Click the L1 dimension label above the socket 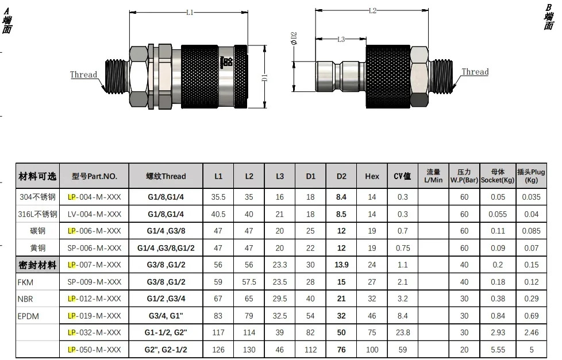(x=190, y=13)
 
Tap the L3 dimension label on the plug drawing (x=341, y=39)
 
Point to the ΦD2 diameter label (x=294, y=38)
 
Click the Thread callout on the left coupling (x=83, y=75)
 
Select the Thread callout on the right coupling (x=475, y=72)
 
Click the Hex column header (x=372, y=176)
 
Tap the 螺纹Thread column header (x=166, y=176)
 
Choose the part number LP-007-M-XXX (x=94, y=265)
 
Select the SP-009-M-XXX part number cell (x=94, y=282)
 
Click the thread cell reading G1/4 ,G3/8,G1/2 (x=166, y=248)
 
